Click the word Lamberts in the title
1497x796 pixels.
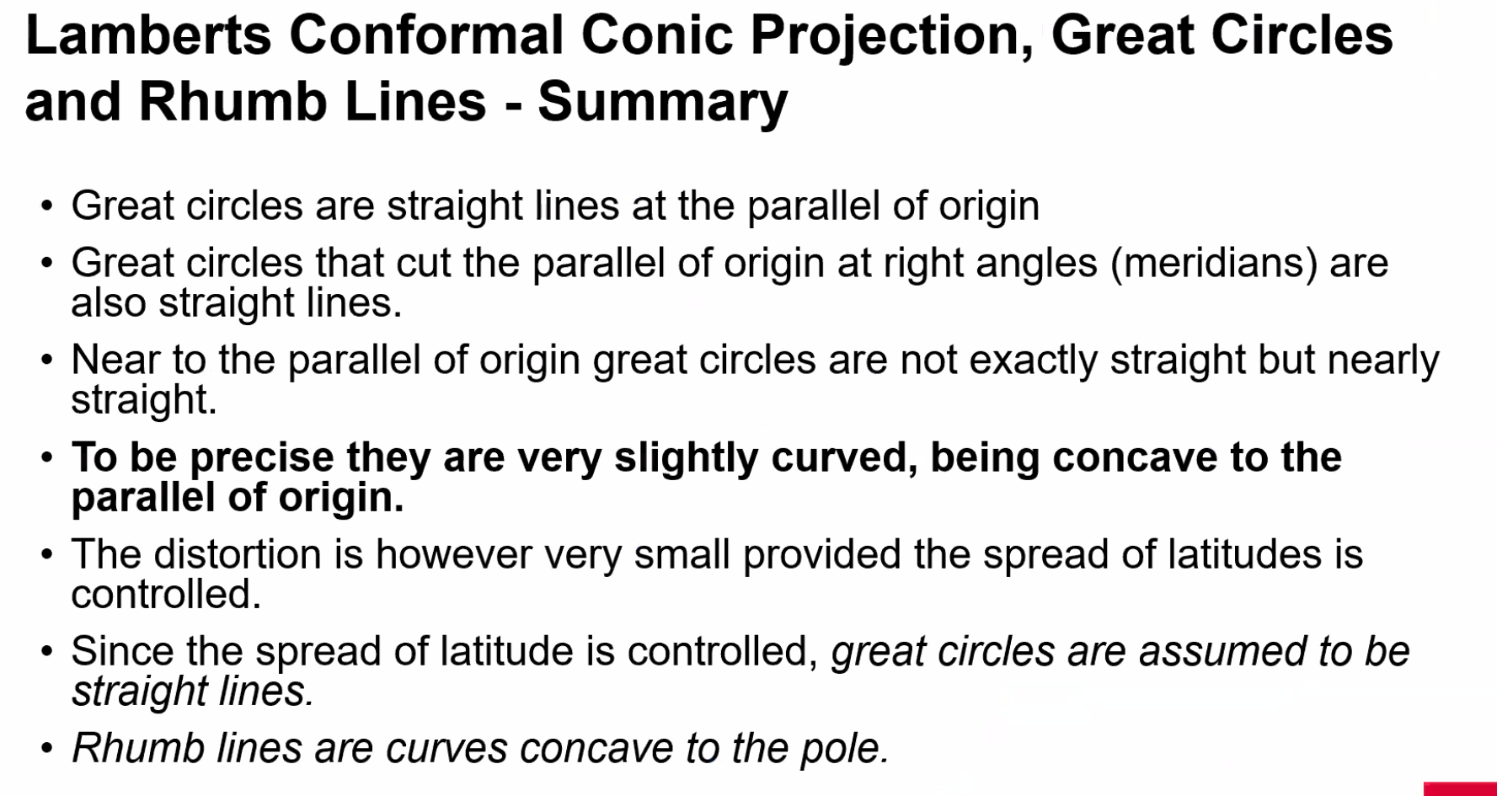[x=148, y=35]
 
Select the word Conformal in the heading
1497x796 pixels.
[x=426, y=35]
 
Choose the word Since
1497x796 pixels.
[x=122, y=651]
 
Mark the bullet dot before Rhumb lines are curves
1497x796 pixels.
[x=47, y=749]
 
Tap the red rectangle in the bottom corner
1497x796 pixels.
[x=1460, y=788]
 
